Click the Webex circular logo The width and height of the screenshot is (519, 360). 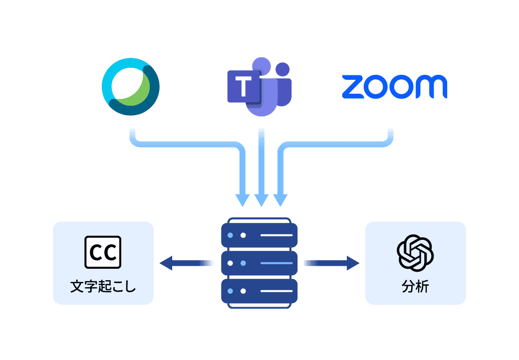(x=131, y=87)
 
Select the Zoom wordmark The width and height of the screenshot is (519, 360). (x=394, y=87)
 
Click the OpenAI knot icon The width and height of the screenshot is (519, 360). (x=415, y=252)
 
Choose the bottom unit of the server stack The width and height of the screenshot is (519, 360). (x=259, y=290)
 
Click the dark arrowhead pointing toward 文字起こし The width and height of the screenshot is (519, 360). (x=166, y=262)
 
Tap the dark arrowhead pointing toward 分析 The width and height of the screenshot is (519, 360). (x=353, y=262)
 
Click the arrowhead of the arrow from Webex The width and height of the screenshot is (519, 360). (x=243, y=199)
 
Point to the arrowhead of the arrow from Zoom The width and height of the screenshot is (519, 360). (x=280, y=199)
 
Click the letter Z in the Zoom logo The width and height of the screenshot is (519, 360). (x=353, y=88)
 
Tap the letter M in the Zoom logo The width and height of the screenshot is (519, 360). (x=431, y=88)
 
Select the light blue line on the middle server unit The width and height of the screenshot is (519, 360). (x=275, y=262)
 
